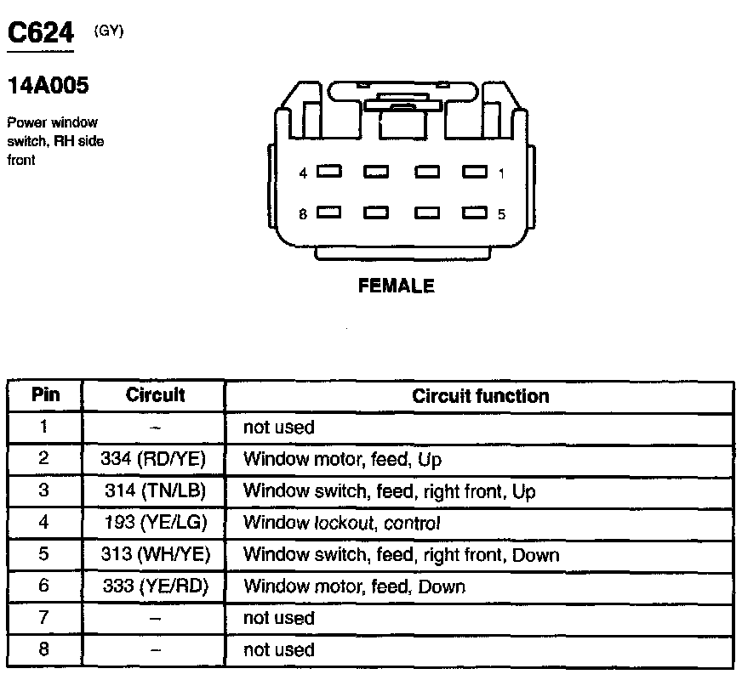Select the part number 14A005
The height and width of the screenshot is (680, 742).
pyautogui.click(x=48, y=86)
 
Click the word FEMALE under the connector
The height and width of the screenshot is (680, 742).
pyautogui.click(x=397, y=286)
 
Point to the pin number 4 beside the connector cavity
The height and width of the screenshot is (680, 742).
pyautogui.click(x=303, y=173)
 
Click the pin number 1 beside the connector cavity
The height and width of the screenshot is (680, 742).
pyautogui.click(x=501, y=173)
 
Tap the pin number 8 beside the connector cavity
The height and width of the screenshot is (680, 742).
pyautogui.click(x=303, y=214)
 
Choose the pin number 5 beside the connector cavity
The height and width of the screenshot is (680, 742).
pyautogui.click(x=501, y=214)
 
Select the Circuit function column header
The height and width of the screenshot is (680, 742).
pyautogui.click(x=480, y=396)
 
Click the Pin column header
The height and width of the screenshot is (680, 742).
pyautogui.click(x=45, y=395)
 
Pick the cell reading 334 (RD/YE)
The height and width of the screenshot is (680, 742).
pyautogui.click(x=154, y=460)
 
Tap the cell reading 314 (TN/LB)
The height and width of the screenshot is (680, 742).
pyautogui.click(x=154, y=491)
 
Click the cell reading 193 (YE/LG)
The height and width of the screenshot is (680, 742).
pyautogui.click(x=154, y=523)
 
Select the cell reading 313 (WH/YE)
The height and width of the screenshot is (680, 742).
pyautogui.click(x=154, y=555)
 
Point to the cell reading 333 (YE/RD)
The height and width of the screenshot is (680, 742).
pyautogui.click(x=154, y=586)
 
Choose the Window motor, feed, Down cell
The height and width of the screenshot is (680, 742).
pyautogui.click(x=354, y=586)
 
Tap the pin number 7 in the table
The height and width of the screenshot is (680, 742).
pyautogui.click(x=44, y=618)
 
